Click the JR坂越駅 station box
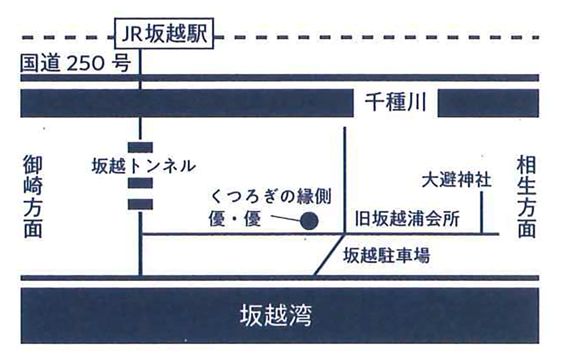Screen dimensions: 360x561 point(164,34)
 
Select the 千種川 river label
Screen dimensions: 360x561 point(395,103)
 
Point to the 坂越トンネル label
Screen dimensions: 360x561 point(144,166)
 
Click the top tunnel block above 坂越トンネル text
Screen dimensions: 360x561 point(140,147)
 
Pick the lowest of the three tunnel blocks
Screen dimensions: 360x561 point(140,204)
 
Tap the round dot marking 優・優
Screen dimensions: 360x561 point(309,221)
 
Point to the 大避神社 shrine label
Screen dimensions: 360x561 point(457,181)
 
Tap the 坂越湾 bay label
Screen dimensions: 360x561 point(275,316)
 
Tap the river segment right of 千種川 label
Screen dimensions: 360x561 point(488,103)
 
